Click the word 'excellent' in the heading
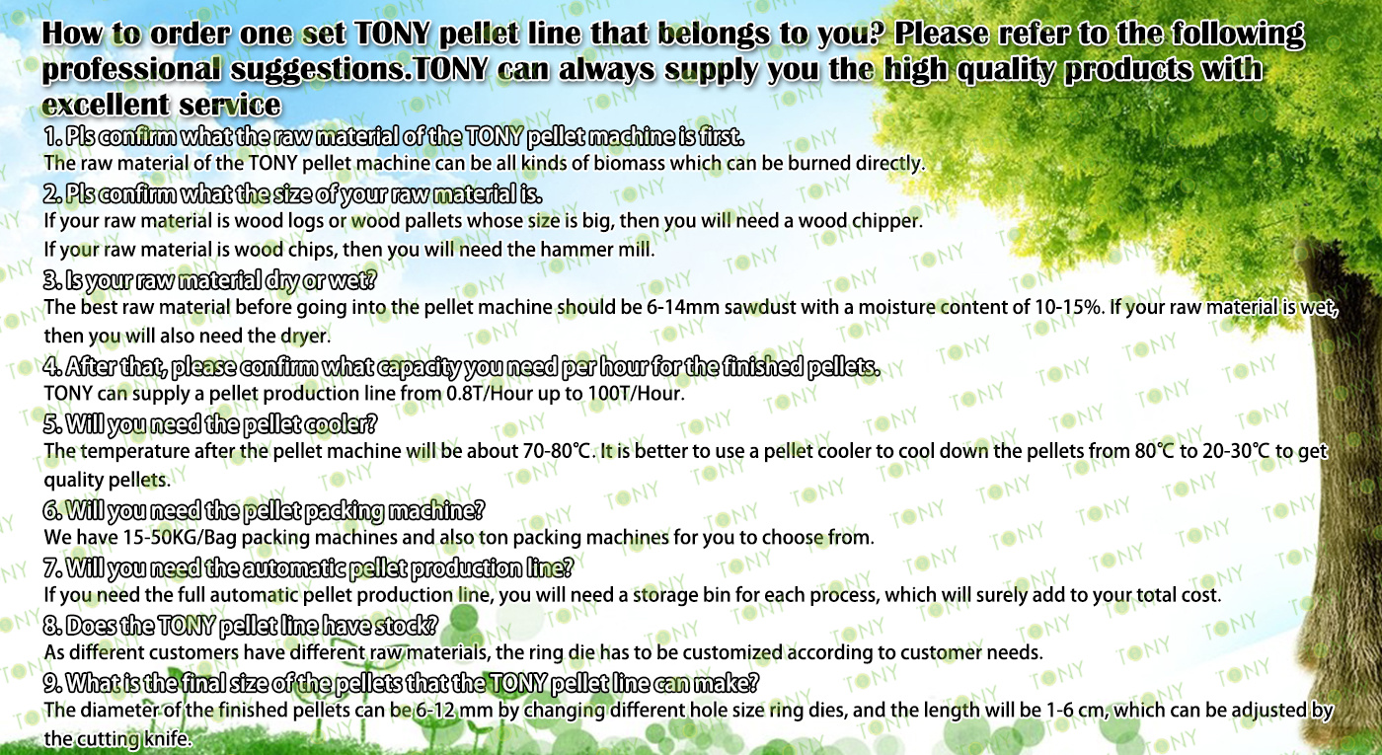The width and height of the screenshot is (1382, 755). (104, 105)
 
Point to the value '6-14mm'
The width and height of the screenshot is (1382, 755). (682, 307)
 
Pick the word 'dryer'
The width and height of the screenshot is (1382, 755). (313, 337)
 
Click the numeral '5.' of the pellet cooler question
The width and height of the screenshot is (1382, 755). (53, 424)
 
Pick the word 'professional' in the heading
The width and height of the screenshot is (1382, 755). (130, 69)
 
